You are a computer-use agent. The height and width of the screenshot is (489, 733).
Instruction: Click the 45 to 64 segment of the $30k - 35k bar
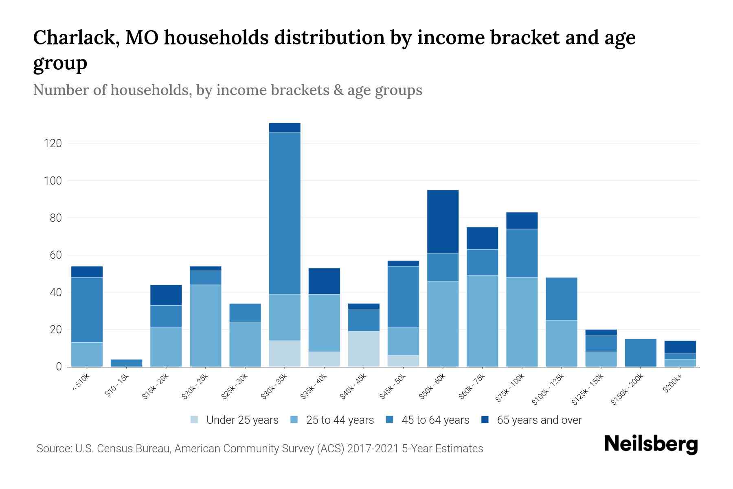(285, 213)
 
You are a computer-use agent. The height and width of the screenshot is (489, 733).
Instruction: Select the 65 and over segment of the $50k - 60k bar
(443, 221)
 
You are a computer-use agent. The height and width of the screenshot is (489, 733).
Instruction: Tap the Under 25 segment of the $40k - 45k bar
(364, 349)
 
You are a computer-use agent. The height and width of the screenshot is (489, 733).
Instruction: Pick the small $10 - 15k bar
(126, 363)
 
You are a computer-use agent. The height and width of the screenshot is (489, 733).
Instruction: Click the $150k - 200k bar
(641, 352)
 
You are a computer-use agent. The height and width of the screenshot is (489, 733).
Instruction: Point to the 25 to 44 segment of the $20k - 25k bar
(205, 326)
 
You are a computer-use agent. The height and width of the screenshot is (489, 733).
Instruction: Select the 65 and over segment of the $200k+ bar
(680, 347)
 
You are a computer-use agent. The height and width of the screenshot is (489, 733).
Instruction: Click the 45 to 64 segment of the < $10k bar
(87, 310)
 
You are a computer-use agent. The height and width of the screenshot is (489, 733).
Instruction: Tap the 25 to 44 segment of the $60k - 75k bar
(482, 321)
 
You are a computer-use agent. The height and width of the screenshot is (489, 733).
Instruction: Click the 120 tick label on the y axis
(53, 143)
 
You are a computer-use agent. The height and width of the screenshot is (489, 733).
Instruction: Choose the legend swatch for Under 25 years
(195, 420)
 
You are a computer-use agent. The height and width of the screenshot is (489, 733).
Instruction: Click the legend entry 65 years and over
(539, 420)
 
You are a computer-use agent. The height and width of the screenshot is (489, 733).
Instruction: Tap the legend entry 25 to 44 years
(340, 420)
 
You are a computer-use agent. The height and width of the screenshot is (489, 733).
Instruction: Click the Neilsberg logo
(651, 444)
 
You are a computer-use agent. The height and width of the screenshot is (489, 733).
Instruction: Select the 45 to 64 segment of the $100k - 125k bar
(561, 299)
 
